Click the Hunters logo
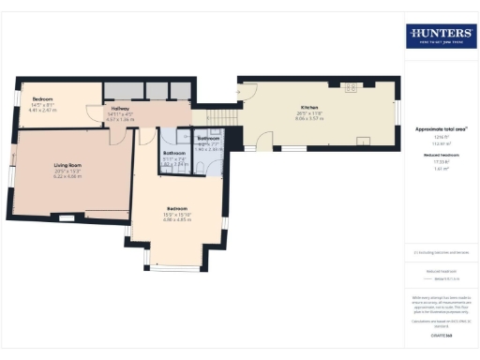click(x=441, y=37)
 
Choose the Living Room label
click(x=67, y=165)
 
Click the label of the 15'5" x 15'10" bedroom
click(x=177, y=208)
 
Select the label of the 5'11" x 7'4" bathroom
click(x=175, y=152)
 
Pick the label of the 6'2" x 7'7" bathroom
click(x=208, y=138)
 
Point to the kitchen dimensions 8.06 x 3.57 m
click(x=310, y=119)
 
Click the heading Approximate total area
click(x=440, y=128)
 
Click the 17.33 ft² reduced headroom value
click(x=440, y=162)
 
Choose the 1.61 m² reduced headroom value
click(x=440, y=169)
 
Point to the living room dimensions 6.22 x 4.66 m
click(x=67, y=176)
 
